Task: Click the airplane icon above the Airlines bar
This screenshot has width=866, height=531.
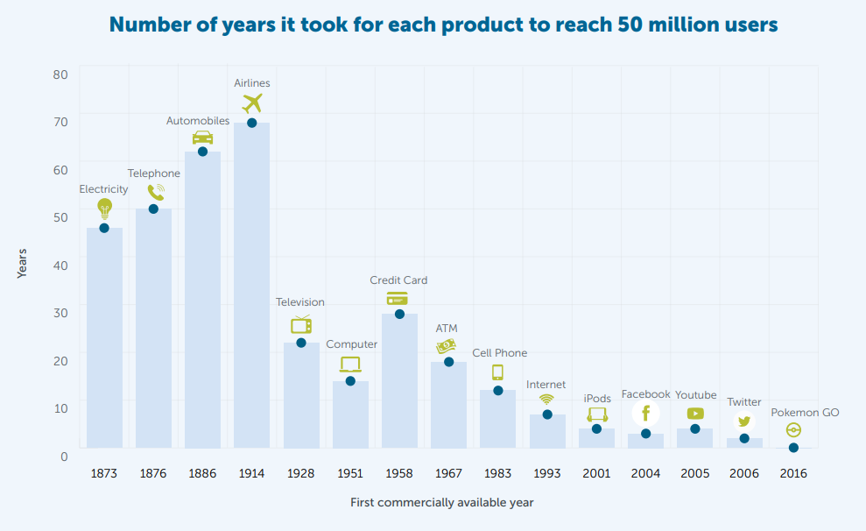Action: tap(252, 103)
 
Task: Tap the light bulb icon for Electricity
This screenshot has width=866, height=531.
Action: tap(104, 209)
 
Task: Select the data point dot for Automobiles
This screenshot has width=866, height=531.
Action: tap(202, 152)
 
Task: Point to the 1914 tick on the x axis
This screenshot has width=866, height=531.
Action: tap(251, 473)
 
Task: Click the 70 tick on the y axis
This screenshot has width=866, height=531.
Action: tap(60, 122)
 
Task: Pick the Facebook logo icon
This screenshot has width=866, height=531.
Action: tap(645, 413)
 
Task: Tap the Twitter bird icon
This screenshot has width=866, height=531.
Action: tap(743, 421)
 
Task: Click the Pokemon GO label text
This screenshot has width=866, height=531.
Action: tap(805, 413)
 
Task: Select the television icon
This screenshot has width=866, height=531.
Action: tap(301, 325)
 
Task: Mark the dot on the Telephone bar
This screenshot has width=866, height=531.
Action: tap(153, 209)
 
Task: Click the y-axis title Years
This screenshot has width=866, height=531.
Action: tap(22, 264)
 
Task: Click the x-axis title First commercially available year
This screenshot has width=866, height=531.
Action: tap(442, 503)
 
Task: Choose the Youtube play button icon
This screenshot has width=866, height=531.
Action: tap(695, 414)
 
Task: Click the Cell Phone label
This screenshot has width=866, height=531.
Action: tap(499, 353)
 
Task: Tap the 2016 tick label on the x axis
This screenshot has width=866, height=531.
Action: tap(793, 473)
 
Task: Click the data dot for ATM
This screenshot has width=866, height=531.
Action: tap(448, 362)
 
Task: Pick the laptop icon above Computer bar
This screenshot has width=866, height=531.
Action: tap(350, 365)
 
